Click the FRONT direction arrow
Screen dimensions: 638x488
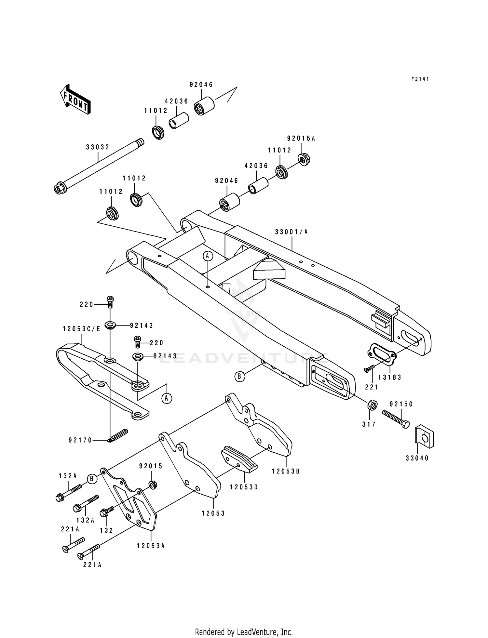(75, 99)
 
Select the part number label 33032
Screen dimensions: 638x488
(98, 147)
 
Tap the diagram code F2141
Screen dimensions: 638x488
(420, 79)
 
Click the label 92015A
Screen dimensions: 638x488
(301, 139)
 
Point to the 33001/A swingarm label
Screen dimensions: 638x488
(291, 232)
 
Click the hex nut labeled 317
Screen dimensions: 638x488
(372, 405)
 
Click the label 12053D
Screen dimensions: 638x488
(244, 487)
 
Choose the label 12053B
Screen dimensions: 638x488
(286, 471)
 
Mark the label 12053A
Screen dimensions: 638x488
(151, 546)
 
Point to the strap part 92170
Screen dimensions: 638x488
(118, 435)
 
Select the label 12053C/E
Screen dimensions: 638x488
(81, 329)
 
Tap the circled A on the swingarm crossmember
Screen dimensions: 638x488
(208, 256)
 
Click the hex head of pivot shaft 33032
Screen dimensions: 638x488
(59, 189)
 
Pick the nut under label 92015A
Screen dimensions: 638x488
(304, 159)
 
